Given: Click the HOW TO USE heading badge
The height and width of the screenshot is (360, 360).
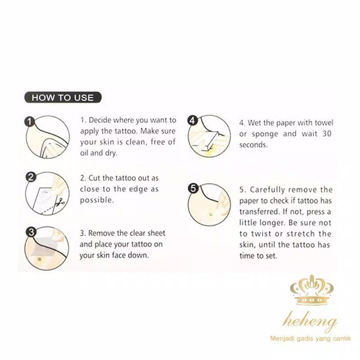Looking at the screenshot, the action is point(62,97).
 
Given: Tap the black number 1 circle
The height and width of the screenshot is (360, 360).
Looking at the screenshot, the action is point(29,121).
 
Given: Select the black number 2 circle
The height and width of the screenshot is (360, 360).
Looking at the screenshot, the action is point(31,177).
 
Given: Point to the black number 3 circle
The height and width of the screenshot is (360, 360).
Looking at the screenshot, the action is point(31,232).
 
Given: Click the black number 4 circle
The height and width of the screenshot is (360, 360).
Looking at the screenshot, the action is point(192,120).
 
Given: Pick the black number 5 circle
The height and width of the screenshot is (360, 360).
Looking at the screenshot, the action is point(193,188).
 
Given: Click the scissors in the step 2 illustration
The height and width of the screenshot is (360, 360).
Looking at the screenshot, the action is point(60,202).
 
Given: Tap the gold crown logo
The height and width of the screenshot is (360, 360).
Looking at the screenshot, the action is point(312,290).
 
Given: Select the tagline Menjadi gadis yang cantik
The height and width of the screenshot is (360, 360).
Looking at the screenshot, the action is point(310,339).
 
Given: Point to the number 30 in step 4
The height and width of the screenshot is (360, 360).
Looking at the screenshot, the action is point(326,133).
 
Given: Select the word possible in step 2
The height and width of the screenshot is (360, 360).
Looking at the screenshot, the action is point(97,200).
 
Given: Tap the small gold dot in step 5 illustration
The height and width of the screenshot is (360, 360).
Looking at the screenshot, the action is point(211,214).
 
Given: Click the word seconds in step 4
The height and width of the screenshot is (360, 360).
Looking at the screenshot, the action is point(253,145).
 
